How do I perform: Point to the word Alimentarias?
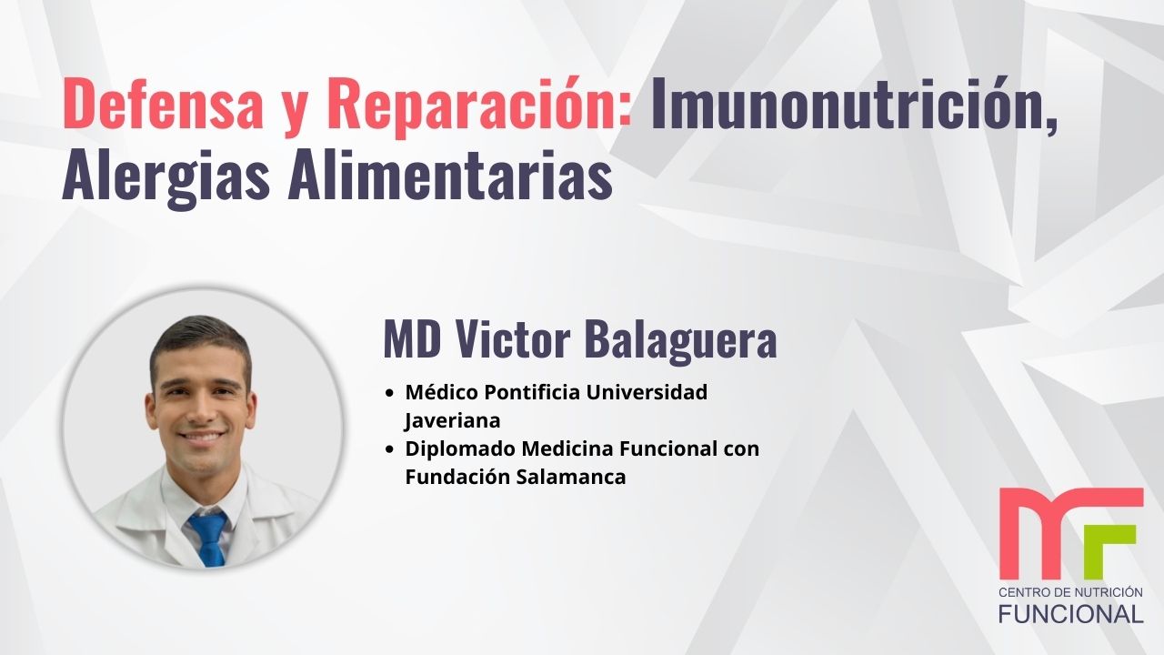click(x=449, y=177)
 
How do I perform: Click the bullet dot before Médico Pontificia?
click(x=390, y=394)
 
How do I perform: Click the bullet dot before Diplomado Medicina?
click(x=390, y=449)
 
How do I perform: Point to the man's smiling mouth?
click(x=202, y=438)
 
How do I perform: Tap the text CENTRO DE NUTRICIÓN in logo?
click(x=1070, y=592)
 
